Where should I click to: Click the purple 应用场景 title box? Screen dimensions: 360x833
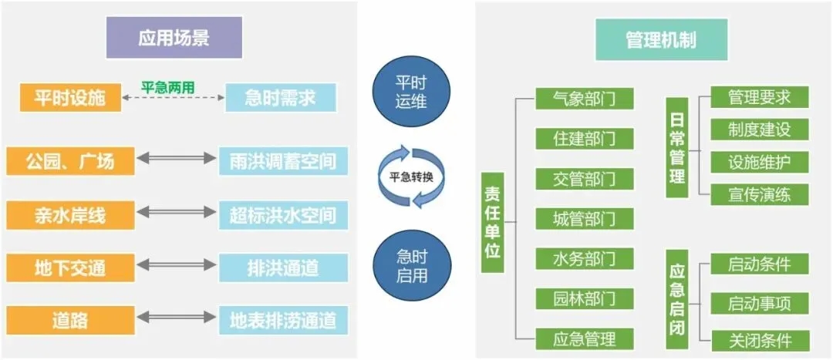pos(174,37)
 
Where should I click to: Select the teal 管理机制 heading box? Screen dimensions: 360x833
pos(663,38)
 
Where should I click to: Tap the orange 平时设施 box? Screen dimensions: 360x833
pos(69,98)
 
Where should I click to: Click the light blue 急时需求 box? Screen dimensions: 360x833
pos(281,98)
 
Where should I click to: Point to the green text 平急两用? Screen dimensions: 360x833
pos(167,86)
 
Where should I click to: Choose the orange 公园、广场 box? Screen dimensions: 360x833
pos(69,161)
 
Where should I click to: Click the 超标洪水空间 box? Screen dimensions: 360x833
pos(283,214)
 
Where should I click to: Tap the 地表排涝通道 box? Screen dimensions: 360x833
pos(283,320)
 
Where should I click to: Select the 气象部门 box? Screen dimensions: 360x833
pos(584,98)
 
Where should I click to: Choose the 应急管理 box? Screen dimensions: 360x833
pos(584,338)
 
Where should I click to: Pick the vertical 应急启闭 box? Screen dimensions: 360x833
pos(676,296)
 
